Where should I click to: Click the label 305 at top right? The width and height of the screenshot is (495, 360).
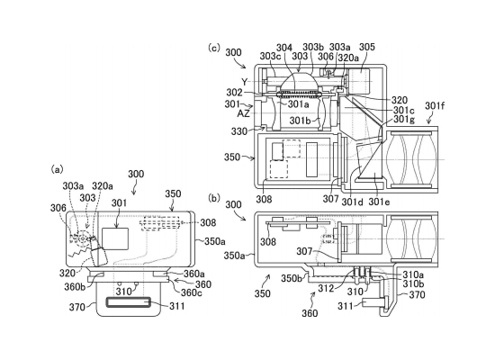point(367,47)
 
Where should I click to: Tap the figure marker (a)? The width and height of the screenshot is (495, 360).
point(57,170)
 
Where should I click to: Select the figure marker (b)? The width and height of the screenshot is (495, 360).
point(214,198)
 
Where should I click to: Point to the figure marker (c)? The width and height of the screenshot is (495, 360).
point(213,48)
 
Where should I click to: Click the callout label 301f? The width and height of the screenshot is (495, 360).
point(435,106)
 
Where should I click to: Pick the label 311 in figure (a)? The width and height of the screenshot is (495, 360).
point(177,306)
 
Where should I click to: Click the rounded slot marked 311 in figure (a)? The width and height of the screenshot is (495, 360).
point(128,302)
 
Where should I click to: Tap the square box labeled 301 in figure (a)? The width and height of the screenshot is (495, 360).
point(115,238)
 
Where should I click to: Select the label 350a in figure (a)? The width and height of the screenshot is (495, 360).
point(215,241)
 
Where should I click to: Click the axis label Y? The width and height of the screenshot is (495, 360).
point(245,82)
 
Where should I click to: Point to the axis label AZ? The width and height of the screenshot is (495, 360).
point(243,113)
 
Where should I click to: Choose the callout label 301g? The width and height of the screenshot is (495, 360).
point(404,120)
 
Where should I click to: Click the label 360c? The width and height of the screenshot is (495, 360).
point(192,292)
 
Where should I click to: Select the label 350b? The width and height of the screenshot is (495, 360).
point(292,278)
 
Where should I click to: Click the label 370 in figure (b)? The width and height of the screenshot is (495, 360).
point(417,294)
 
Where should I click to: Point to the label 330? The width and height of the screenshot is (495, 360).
point(239,131)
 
